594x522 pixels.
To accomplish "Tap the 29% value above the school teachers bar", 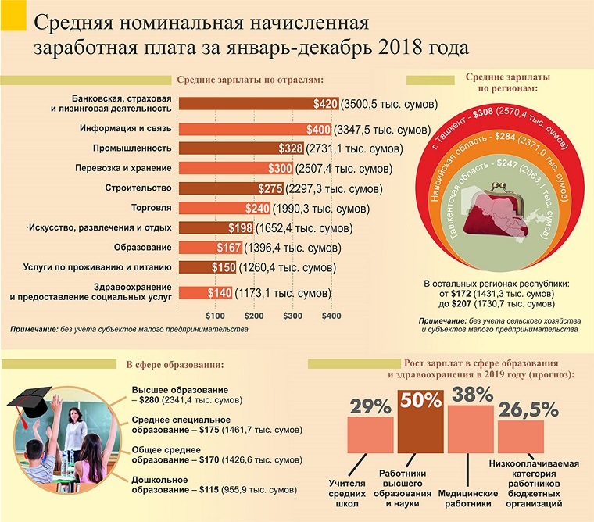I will pyautogui.click(x=370, y=407).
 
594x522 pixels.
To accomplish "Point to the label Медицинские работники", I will pyautogui.click(x=469, y=499).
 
